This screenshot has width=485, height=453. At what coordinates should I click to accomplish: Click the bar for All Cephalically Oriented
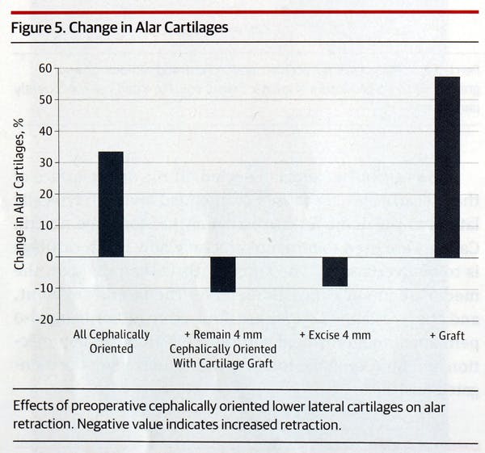click(x=111, y=204)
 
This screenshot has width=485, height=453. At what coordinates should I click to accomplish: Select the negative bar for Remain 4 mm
click(x=222, y=275)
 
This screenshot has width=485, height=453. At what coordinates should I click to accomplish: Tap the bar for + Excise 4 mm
click(x=335, y=271)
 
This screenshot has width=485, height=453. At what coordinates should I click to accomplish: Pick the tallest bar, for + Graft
click(x=446, y=167)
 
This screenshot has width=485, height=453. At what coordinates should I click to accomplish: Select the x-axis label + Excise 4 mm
click(x=335, y=334)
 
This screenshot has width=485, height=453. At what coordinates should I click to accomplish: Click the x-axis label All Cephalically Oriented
click(x=111, y=341)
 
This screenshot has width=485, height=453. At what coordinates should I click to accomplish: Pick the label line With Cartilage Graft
click(x=222, y=363)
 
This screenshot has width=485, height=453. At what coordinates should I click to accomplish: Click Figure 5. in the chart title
click(x=37, y=27)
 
